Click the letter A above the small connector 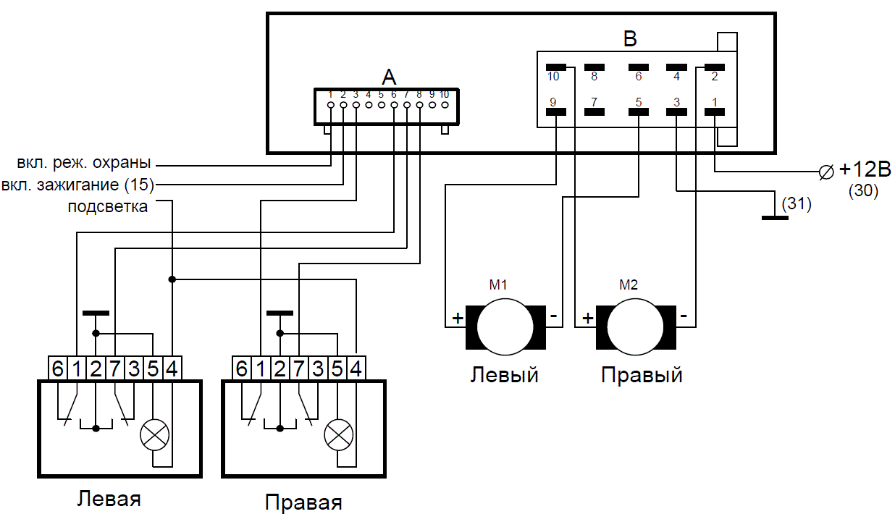coord(390,77)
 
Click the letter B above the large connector coord(630,39)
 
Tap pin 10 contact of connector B coord(555,67)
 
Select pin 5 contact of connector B coord(639,111)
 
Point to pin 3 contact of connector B coord(676,111)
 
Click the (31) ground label coord(797,204)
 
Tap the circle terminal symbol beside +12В coord(824,172)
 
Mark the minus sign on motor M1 coord(554,317)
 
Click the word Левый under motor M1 coord(505,375)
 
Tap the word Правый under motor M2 coord(641,376)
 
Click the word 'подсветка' coord(108,207)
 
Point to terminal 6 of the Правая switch coord(242,368)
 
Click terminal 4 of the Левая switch coord(172,368)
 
